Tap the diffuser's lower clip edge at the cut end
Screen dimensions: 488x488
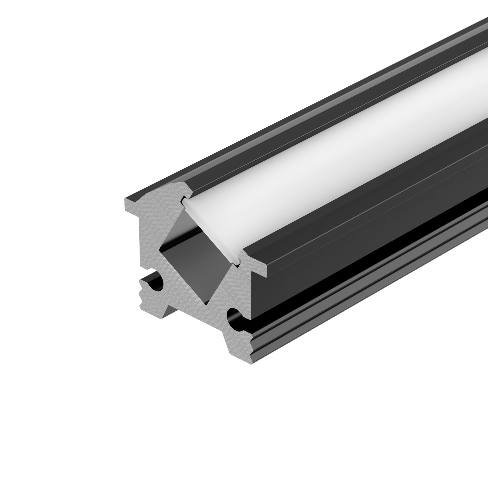coord(237,263)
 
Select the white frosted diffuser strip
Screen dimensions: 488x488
coord(328,162)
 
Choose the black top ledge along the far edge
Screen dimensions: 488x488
coord(278,126)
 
